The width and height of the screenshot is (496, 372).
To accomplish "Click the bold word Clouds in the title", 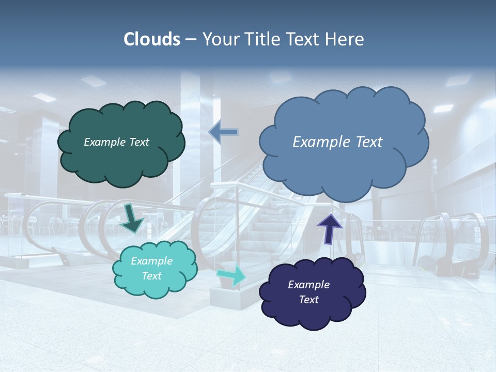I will tap(152, 39).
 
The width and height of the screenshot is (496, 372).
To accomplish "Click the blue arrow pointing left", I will tap(224, 132).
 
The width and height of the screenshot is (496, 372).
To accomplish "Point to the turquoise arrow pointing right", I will tap(231, 275).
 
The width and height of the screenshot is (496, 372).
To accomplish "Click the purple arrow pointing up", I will tap(330, 227).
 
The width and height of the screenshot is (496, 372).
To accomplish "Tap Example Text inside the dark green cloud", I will tap(116, 142).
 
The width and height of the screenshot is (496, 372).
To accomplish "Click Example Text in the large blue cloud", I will tap(337, 142).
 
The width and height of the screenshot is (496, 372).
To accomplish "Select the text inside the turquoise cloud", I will tap(151, 268).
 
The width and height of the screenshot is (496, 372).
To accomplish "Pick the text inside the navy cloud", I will tap(308, 292).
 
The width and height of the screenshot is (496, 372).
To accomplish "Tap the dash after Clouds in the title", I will tap(190, 39).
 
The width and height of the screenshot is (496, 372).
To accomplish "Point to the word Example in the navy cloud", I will tap(308, 285).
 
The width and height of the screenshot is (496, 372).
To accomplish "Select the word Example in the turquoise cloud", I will tap(151, 261).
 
